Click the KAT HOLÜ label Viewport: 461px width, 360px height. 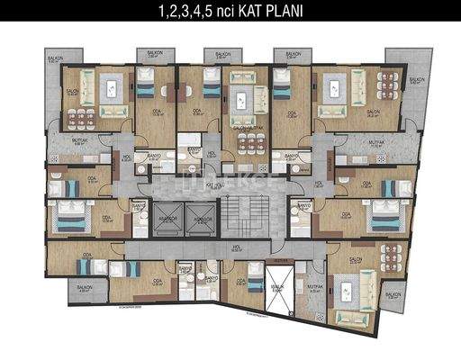coord(213,184)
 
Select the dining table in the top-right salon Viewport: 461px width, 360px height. coord(388,88)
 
